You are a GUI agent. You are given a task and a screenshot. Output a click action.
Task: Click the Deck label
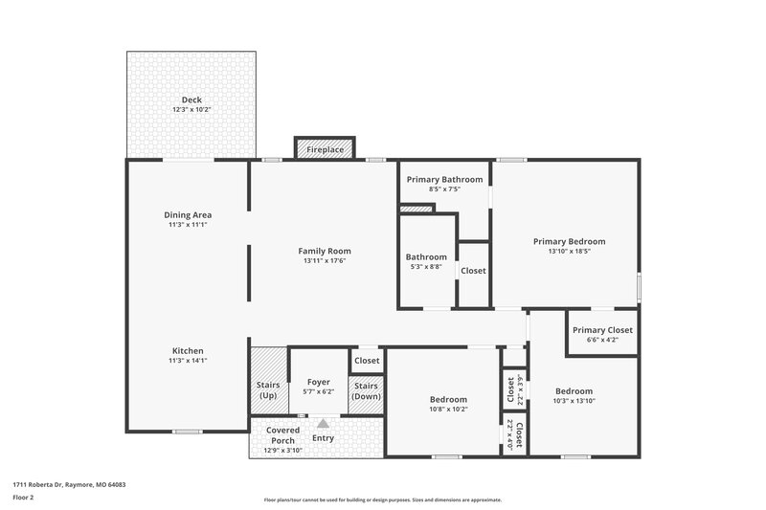pyautogui.click(x=192, y=100)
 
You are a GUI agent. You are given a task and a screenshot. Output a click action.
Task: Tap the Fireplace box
pyautogui.click(x=325, y=149)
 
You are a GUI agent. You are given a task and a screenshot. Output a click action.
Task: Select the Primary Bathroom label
pyautogui.click(x=444, y=179)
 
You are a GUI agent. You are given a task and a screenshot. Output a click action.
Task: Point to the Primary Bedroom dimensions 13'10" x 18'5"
pyautogui.click(x=569, y=252)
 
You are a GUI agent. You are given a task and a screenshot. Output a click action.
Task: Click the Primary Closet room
pyautogui.click(x=602, y=334)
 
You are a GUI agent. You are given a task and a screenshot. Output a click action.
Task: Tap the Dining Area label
pyautogui.click(x=188, y=214)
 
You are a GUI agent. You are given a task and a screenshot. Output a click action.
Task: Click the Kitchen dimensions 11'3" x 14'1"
pyautogui.click(x=188, y=361)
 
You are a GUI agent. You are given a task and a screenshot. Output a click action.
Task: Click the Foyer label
pyautogui.click(x=319, y=382)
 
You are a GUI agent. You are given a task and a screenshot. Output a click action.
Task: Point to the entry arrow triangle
pyautogui.click(x=323, y=423)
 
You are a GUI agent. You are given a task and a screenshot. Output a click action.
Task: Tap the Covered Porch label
pyautogui.click(x=282, y=435)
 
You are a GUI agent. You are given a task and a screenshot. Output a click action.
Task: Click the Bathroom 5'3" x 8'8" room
pyautogui.click(x=426, y=261)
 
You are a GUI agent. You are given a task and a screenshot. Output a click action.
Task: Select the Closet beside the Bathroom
pyautogui.click(x=473, y=271)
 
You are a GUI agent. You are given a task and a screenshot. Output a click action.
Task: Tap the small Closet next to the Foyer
pyautogui.click(x=367, y=361)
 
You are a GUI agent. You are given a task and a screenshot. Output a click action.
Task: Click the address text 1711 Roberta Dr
pyautogui.click(x=69, y=485)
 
